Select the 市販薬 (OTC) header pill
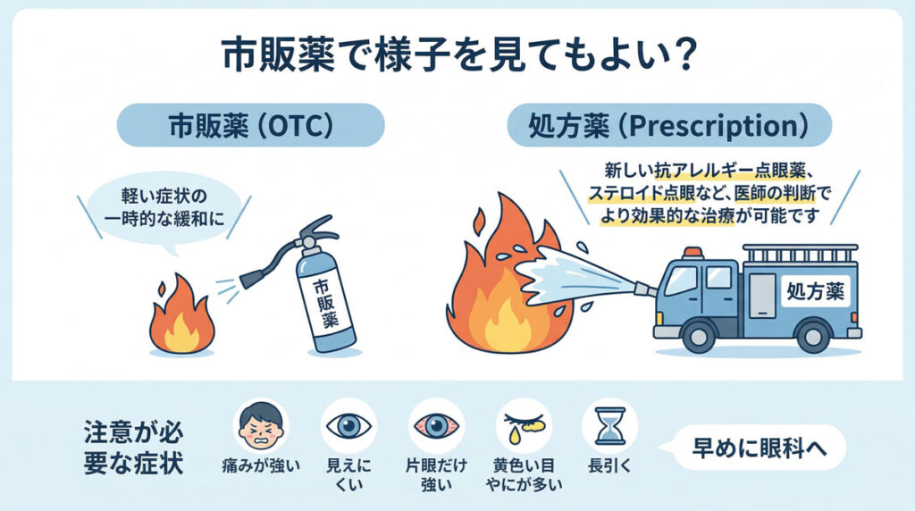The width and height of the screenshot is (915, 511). click(x=251, y=126)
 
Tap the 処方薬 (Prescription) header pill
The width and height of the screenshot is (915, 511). click(x=669, y=126)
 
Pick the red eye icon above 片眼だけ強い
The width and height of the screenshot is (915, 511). click(x=435, y=425)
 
